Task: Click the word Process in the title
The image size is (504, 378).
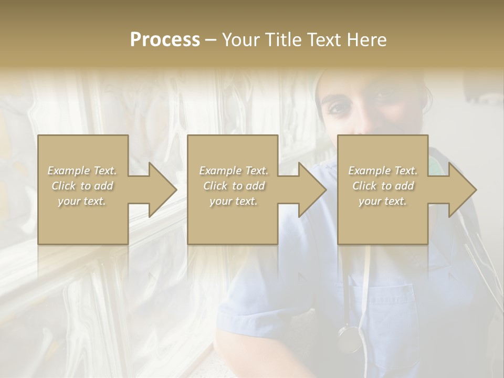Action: coord(165,40)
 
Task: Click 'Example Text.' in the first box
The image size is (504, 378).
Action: coord(82,171)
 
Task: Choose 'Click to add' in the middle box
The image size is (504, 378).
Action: coord(234,186)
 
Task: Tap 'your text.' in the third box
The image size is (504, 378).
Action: coord(383,201)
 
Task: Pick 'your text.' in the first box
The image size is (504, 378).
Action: coord(82,201)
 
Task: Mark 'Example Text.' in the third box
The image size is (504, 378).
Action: coord(383,171)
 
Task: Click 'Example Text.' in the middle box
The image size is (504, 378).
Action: coord(234,171)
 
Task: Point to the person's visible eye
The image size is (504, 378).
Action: coord(337,108)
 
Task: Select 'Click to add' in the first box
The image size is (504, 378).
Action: coord(82,186)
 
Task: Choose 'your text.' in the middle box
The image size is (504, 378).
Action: coord(234,201)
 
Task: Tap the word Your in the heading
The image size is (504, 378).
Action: coord(240,40)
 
